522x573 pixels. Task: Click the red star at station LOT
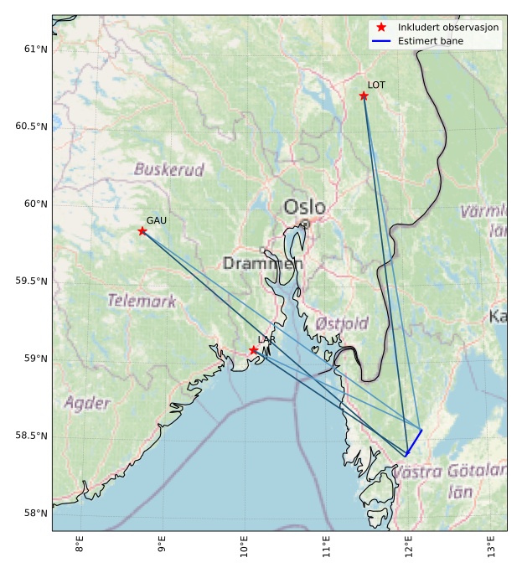(364, 95)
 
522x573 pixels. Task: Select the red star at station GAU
(142, 231)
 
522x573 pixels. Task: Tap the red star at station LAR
(253, 350)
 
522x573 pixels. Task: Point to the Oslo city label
(304, 207)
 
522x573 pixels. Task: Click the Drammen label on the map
(262, 264)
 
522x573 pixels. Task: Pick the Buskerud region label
(169, 169)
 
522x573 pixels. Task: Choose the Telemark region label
(142, 301)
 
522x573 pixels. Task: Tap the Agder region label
(87, 402)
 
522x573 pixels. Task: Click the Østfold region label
(342, 323)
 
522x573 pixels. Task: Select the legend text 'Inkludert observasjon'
(448, 28)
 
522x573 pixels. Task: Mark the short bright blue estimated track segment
(414, 442)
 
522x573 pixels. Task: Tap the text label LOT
(376, 85)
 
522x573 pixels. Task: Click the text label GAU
(157, 220)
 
